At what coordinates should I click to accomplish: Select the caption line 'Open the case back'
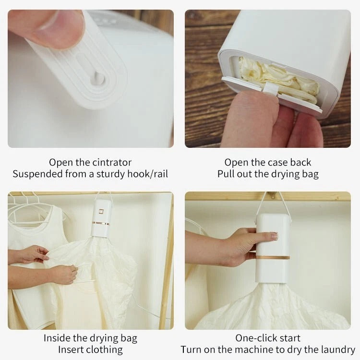coord(268,162)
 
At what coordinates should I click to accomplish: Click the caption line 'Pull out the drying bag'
coord(268,174)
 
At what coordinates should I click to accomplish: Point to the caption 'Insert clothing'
coord(90,349)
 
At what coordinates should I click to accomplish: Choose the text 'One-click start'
coord(268,338)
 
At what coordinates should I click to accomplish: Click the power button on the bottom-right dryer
coord(274,236)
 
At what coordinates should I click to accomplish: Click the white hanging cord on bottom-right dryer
coord(262,204)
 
